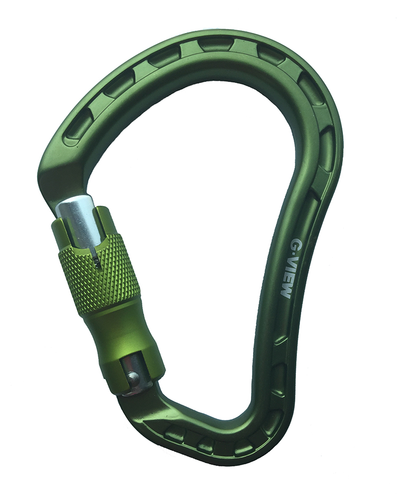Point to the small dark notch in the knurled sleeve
[x=95, y=260]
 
